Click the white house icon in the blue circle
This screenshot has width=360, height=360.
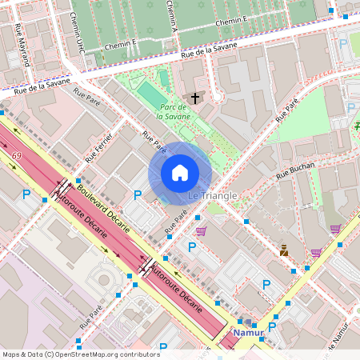click(180, 172)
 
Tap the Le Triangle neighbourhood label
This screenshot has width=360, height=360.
click(212, 196)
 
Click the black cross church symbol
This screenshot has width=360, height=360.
click(194, 98)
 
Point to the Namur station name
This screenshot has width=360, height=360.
click(248, 332)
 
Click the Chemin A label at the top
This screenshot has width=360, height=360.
click(171, 14)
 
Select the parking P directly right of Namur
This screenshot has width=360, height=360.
click(272, 327)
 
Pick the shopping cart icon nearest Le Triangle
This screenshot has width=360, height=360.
click(201, 230)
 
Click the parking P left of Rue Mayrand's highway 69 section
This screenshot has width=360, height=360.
click(26, 194)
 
